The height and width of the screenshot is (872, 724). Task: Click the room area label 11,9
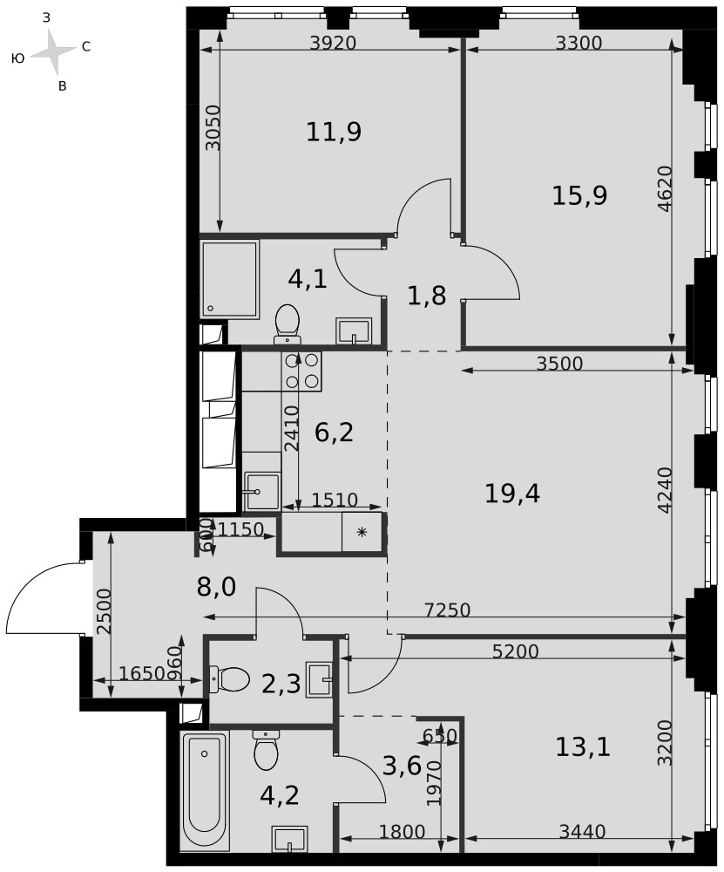334,133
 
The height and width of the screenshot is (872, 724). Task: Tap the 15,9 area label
579,195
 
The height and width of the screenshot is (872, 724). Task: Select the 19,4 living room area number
512,494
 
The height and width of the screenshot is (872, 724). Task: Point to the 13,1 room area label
583,747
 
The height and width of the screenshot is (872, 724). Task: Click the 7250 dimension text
448,610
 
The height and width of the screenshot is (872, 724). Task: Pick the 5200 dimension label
516,651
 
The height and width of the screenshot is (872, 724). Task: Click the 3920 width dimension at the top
332,43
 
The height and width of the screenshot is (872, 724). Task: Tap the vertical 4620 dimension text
665,189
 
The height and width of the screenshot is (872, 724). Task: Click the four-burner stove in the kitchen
301,371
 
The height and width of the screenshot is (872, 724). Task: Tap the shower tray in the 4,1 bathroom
230,279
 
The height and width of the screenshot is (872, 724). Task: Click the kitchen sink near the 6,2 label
262,491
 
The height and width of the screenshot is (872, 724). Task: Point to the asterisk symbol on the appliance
362,533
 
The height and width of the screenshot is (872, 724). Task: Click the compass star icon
52,51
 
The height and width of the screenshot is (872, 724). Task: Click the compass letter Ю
17,58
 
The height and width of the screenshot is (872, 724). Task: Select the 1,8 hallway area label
427,296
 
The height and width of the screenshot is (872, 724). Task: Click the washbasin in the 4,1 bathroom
354,331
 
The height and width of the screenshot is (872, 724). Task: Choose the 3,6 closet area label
402,766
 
